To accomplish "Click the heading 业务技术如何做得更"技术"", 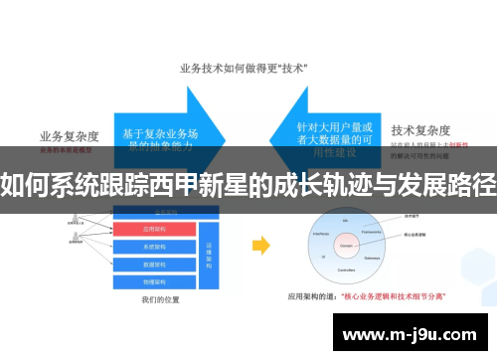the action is pos(243,69).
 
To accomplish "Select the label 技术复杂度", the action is pos(421,129).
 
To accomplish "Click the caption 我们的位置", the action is pos(159,300).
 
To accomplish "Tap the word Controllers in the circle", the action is pos(348,270).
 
